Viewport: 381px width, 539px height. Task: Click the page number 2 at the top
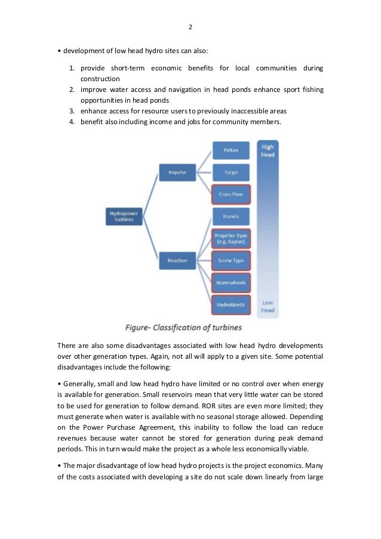point(190,27)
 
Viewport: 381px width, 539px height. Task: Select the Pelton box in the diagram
point(231,150)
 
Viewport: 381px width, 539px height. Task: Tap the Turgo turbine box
point(231,173)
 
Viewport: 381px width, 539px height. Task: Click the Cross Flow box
point(231,194)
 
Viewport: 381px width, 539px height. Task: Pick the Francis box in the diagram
point(231,216)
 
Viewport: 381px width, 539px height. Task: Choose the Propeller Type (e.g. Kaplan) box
point(231,239)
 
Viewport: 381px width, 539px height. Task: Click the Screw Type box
point(231,260)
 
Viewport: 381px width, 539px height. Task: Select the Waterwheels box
point(231,282)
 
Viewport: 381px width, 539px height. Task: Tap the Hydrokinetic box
point(231,304)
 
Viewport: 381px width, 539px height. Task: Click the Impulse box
point(177,173)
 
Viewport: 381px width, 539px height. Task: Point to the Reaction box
point(177,260)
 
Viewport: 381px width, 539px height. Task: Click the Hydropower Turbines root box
point(122,216)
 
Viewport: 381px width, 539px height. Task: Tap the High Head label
point(268,150)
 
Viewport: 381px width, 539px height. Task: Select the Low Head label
point(268,306)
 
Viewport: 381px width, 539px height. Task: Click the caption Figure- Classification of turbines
point(183,328)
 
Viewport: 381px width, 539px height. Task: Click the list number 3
point(70,111)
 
